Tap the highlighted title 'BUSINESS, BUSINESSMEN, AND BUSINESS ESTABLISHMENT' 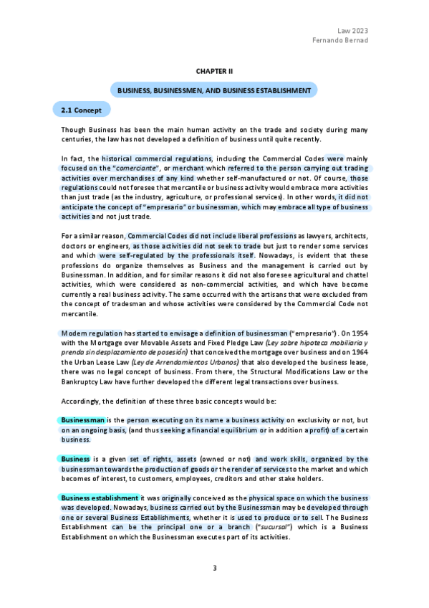click(214, 91)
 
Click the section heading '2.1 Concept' click(82, 110)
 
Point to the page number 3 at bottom click(214, 568)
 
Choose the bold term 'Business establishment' click(100, 498)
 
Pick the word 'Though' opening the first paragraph click(73, 129)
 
